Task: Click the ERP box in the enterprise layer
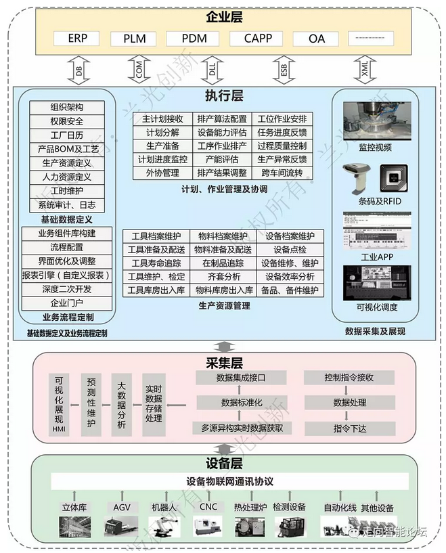(77, 39)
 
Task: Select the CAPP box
(258, 39)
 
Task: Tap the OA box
(316, 39)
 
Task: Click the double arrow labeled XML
(366, 70)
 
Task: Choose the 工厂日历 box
(67, 135)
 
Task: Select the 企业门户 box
(68, 303)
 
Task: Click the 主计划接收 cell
(162, 119)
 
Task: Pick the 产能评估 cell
(222, 160)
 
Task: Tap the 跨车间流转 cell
(282, 173)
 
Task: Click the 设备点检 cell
(290, 250)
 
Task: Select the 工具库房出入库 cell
(156, 290)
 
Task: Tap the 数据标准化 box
(241, 403)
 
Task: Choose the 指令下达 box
(349, 428)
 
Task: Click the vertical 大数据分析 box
(122, 405)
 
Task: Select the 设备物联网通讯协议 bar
(230, 481)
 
